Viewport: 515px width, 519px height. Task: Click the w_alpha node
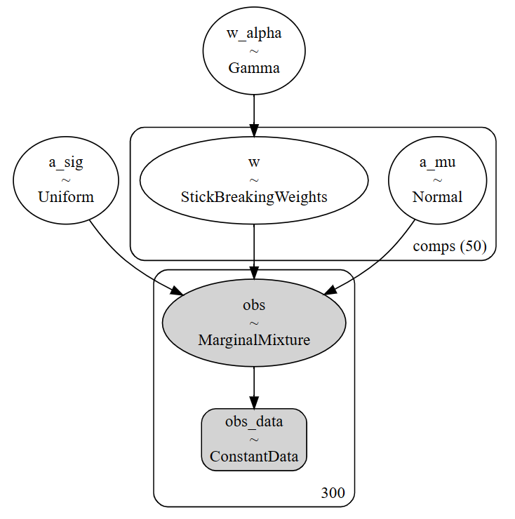[253, 50]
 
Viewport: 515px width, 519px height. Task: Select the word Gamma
[253, 68]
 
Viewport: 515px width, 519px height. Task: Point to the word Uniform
[66, 196]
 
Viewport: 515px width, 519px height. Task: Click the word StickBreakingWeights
[253, 196]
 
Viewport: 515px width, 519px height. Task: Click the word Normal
[437, 196]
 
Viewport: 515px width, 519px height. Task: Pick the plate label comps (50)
[449, 246]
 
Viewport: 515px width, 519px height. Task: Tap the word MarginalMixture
[253, 340]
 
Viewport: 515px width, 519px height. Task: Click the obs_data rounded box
[253, 439]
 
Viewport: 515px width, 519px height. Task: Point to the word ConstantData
[253, 457]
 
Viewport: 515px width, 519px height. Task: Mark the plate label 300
[332, 493]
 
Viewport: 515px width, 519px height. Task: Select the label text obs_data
[253, 422]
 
